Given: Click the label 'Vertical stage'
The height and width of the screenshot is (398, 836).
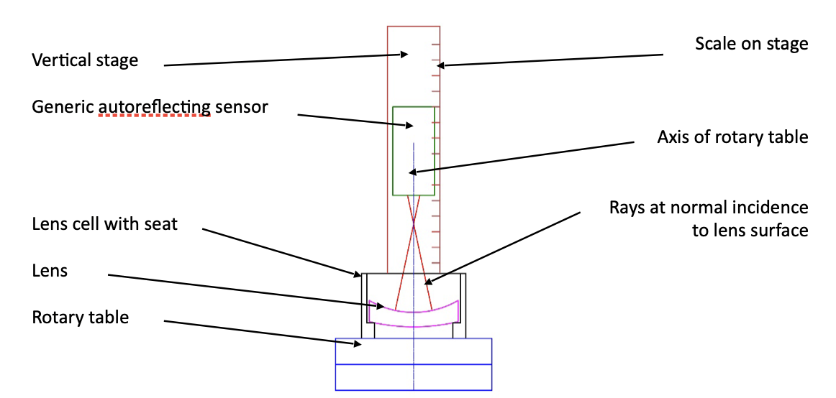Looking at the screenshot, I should pos(85,60).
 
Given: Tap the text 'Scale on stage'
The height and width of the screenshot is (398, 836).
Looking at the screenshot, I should pos(751,44).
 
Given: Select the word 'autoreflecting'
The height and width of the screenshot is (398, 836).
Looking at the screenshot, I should pos(155,108).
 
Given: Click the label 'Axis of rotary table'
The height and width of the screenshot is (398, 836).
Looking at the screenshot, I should pos(732,137).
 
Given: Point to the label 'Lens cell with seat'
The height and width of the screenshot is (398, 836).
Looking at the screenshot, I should pos(105,224).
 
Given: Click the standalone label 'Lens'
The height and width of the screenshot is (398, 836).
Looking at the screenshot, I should pos(50,270).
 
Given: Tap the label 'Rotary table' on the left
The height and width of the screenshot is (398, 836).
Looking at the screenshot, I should pos(81,317).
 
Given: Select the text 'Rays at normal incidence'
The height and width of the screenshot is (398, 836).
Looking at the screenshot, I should pos(709,208).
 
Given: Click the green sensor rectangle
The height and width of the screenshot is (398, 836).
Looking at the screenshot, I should pos(414,151).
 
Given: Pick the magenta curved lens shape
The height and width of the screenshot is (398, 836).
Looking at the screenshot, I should pos(414,317).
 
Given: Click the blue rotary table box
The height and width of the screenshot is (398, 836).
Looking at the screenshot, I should pos(414,364).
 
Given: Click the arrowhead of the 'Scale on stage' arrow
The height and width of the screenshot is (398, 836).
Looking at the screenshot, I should pos(440,65).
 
